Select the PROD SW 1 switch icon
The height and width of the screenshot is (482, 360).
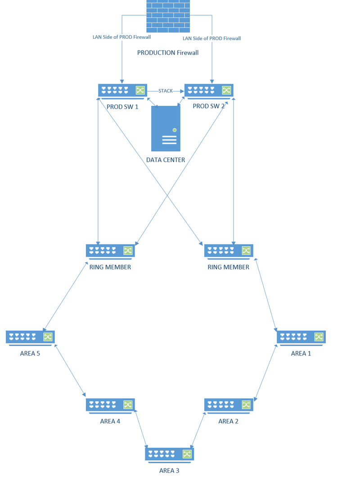pos(122,91)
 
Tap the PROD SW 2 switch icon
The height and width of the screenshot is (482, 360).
pos(209,91)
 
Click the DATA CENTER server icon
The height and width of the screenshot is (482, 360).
pos(166,128)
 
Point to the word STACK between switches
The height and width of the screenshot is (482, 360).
pos(166,91)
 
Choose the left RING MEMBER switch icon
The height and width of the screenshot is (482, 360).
pos(110,251)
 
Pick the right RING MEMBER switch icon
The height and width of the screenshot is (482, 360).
pos(229,251)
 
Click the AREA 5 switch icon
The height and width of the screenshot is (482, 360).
pos(30,337)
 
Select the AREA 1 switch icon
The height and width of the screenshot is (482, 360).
pos(301,337)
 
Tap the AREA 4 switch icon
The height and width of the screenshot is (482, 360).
pos(110,405)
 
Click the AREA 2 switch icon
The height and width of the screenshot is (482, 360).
pos(229,405)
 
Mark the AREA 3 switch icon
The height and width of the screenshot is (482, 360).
pos(169,454)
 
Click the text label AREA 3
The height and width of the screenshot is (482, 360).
pos(169,471)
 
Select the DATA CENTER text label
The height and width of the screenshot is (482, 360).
pos(166,160)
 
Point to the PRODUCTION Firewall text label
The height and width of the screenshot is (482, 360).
pos(168,53)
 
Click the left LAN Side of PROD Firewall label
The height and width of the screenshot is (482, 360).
pos(121,37)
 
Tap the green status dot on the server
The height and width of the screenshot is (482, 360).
pos(174,130)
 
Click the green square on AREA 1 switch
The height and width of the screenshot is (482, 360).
pos(319,336)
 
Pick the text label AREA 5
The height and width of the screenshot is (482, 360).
pos(30,354)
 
